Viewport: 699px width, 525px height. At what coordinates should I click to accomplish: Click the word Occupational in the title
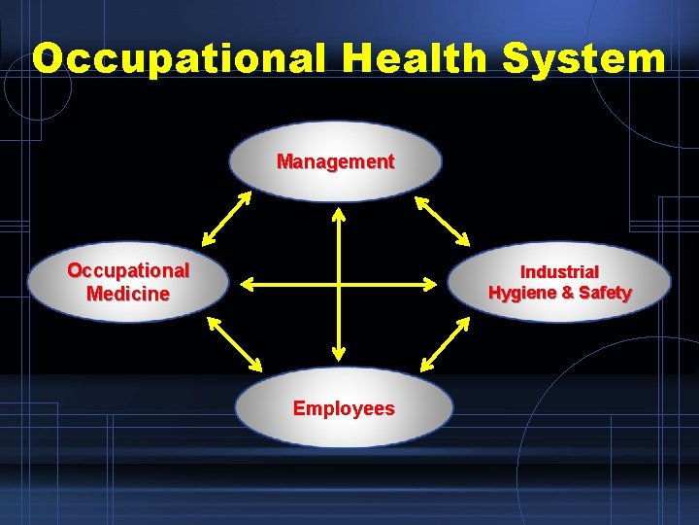[181, 58]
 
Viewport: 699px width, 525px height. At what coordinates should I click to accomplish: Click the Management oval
[335, 161]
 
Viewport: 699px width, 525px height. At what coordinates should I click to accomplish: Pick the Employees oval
[344, 408]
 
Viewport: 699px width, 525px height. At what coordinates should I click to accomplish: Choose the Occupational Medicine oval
[127, 282]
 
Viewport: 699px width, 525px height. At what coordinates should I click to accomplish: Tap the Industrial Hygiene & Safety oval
[560, 283]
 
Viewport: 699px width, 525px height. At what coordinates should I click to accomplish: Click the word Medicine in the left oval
[127, 294]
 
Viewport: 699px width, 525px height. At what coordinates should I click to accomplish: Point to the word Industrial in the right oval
[559, 272]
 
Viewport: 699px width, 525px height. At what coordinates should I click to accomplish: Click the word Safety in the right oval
[607, 293]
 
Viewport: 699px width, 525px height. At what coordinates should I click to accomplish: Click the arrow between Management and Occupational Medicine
[227, 219]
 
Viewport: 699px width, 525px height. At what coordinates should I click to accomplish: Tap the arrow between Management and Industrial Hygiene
[442, 221]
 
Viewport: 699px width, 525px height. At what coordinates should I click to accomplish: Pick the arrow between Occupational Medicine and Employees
[234, 345]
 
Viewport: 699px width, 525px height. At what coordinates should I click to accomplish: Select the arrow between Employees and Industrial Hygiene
[446, 345]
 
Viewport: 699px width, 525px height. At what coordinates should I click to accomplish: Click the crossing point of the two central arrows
[338, 284]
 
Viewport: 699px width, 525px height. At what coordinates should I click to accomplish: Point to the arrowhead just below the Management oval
[338, 214]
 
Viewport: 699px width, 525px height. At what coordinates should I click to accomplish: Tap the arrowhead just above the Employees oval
[338, 354]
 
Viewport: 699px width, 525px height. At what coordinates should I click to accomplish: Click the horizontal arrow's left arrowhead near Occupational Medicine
[247, 284]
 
